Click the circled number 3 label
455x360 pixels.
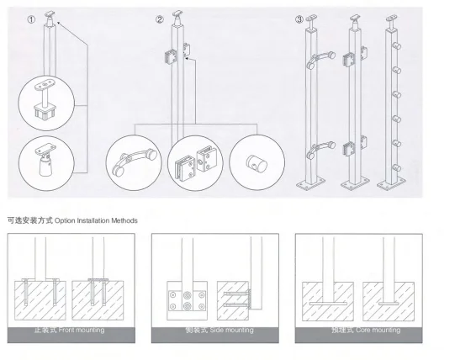[x=299, y=19]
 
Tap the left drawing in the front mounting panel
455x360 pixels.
[x=41, y=290]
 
